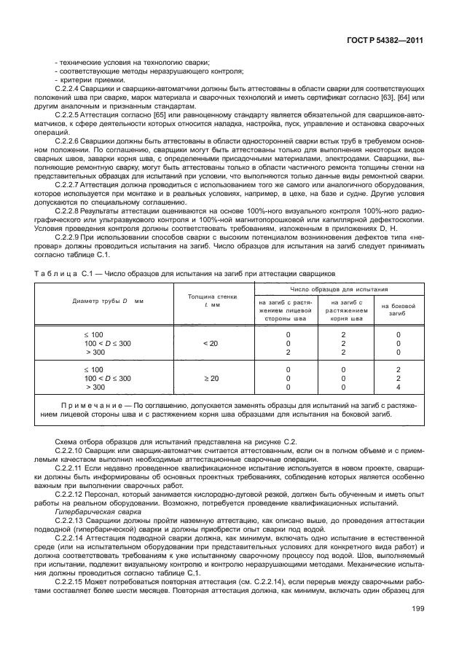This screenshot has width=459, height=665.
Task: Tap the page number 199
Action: pyautogui.click(x=417, y=630)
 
